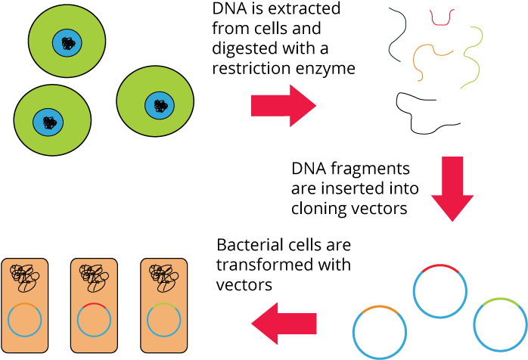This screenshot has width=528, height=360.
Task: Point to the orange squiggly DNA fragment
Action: [427, 57]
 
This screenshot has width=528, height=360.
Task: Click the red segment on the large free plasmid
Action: [440, 266]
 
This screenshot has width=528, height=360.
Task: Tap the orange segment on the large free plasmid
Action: [380, 308]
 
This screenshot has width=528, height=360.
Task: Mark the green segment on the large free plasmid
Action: [501, 300]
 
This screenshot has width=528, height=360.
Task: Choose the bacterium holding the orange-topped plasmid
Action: [25, 306]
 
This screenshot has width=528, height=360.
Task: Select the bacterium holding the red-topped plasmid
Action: [94, 306]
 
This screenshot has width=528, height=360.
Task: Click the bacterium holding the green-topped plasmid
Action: [163, 306]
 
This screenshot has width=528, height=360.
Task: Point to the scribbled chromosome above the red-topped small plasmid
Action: [94, 277]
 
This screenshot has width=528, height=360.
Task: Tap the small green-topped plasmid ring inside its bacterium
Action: [163, 320]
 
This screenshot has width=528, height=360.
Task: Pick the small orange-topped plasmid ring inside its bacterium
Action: [25, 320]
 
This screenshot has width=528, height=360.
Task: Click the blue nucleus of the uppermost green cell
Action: [67, 42]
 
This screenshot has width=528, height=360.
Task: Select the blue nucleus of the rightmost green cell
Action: [160, 105]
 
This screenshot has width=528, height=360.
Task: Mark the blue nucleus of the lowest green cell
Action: [48, 122]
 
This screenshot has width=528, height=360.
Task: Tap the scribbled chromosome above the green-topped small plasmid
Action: [163, 277]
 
